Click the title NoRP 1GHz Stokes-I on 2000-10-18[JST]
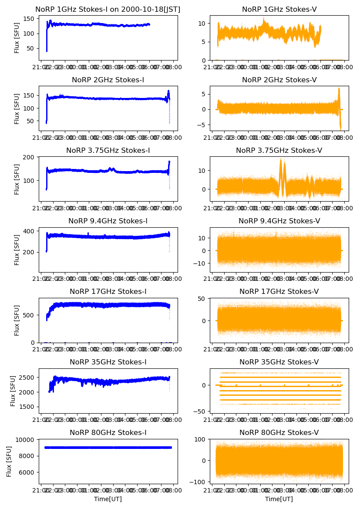click(108, 9)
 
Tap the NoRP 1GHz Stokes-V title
click(279, 9)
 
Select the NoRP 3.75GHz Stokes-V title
click(279, 150)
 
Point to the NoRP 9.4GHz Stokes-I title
click(108, 221)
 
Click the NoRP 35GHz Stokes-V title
click(279, 362)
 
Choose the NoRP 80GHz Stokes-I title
click(108, 432)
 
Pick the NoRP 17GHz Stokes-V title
click(279, 291)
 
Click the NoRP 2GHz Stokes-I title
click(108, 80)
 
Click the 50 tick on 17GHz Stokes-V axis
click(203, 299)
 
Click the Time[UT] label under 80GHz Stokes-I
click(108, 499)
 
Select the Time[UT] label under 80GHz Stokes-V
click(279, 499)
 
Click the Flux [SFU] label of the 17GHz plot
click(17, 320)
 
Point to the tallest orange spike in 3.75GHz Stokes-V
click(281, 160)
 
